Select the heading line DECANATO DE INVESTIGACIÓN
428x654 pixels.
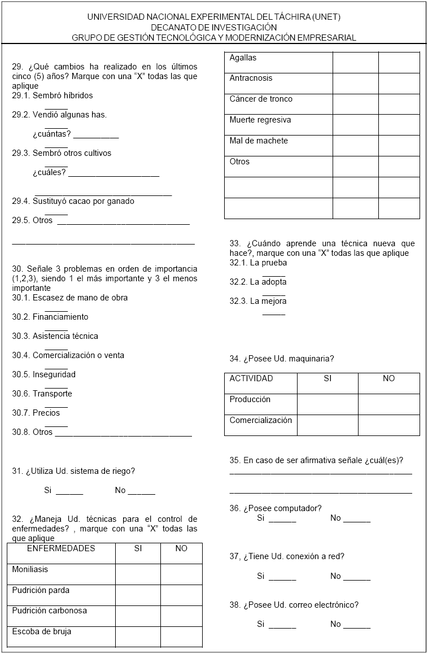(x=214, y=27)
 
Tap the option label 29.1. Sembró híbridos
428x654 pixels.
(x=53, y=95)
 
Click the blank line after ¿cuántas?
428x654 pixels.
(x=96, y=136)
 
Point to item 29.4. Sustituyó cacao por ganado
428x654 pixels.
(x=73, y=200)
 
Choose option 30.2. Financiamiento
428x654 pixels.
(x=50, y=317)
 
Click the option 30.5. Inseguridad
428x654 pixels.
(x=44, y=374)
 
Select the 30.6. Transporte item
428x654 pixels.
(x=42, y=394)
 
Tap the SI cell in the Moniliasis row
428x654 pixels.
(x=138, y=574)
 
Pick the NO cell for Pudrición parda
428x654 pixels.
(x=181, y=595)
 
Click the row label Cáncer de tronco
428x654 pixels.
(x=261, y=99)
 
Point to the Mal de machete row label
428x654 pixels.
(x=259, y=141)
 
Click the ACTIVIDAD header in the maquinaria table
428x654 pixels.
(x=251, y=378)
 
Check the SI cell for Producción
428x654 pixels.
(x=327, y=404)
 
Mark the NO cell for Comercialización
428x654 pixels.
(x=388, y=425)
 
